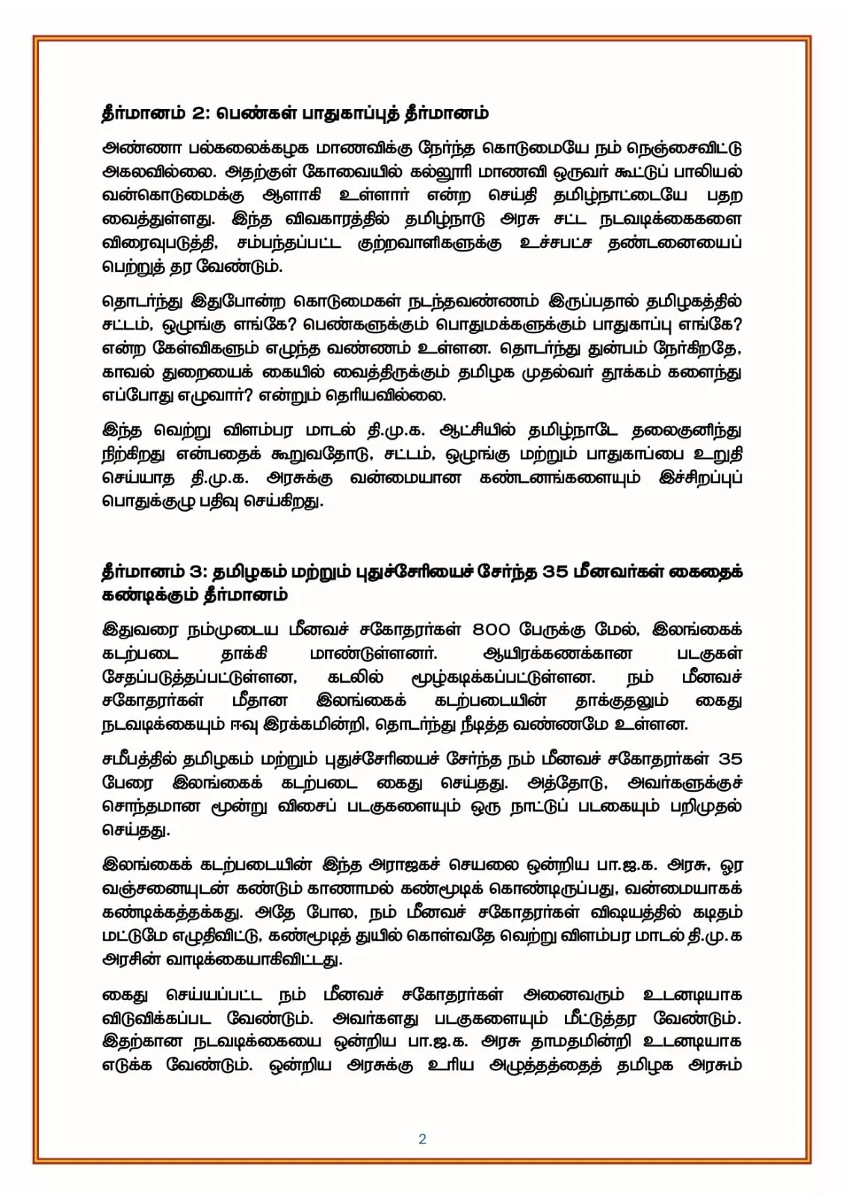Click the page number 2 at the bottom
[422, 1139]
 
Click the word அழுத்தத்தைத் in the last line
[545, 1066]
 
